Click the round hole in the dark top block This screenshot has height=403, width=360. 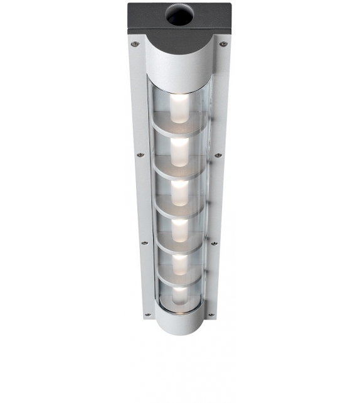click(x=179, y=16)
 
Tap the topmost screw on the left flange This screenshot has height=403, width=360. click(x=134, y=44)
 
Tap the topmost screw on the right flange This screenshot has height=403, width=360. click(x=222, y=44)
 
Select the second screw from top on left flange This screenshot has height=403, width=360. click(x=140, y=154)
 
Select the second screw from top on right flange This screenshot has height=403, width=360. click(x=218, y=155)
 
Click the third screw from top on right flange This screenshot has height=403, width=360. click(x=214, y=243)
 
